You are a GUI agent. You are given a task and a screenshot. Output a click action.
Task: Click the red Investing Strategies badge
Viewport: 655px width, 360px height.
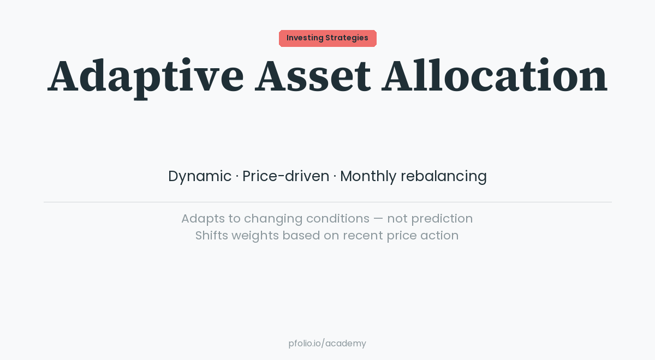pyautogui.click(x=327, y=38)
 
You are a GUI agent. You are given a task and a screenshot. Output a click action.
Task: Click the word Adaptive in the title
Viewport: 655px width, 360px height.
pyautogui.click(x=145, y=76)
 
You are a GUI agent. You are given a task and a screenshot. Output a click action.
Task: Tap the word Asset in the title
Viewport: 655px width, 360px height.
pyautogui.click(x=312, y=76)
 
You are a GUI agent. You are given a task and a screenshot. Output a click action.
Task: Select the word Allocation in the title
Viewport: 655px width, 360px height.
pyautogui.click(x=494, y=76)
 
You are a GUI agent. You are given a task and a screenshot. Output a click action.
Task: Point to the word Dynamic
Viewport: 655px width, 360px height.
pyautogui.click(x=200, y=176)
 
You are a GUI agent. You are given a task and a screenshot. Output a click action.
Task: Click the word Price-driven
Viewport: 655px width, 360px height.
pyautogui.click(x=285, y=176)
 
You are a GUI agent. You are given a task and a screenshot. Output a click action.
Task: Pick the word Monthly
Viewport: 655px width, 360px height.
pyautogui.click(x=368, y=176)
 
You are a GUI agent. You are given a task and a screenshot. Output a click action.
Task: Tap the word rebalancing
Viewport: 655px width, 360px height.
pyautogui.click(x=443, y=176)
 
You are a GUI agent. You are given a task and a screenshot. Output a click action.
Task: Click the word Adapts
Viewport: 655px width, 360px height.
pyautogui.click(x=203, y=219)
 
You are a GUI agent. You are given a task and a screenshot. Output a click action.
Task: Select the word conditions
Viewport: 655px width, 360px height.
pyautogui.click(x=337, y=219)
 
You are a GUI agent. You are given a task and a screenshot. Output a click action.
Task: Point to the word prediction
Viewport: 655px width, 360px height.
pyautogui.click(x=442, y=219)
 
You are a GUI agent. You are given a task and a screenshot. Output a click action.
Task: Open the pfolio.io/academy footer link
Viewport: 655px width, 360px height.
pyautogui.click(x=327, y=344)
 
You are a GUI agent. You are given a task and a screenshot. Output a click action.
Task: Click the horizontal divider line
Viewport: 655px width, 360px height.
pyautogui.click(x=327, y=202)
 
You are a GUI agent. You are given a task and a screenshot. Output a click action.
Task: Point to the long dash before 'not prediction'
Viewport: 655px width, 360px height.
pyautogui.click(x=378, y=219)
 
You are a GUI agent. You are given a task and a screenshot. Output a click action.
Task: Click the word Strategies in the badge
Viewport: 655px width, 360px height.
pyautogui.click(x=347, y=38)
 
